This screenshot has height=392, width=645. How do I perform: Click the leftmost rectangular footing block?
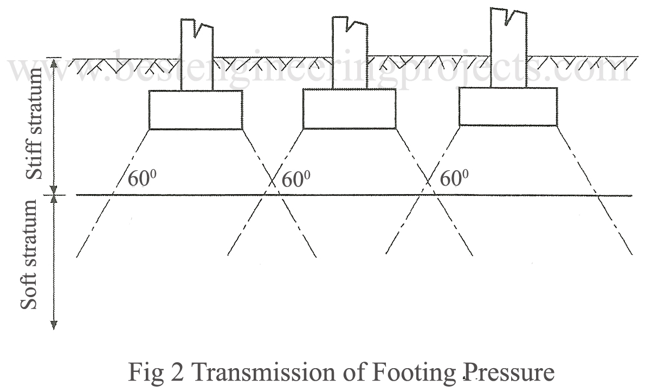pyautogui.click(x=195, y=110)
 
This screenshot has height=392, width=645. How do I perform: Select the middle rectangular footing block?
pyautogui.click(x=349, y=108)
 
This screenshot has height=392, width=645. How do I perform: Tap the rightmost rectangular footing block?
pyautogui.click(x=507, y=106)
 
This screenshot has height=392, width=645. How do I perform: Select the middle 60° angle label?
pyautogui.click(x=296, y=178)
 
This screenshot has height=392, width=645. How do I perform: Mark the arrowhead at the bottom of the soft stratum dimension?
pyautogui.click(x=54, y=325)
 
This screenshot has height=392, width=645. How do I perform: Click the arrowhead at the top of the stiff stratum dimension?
pyautogui.click(x=54, y=61)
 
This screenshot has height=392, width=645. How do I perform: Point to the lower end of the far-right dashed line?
pyautogui.click(x=631, y=254)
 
